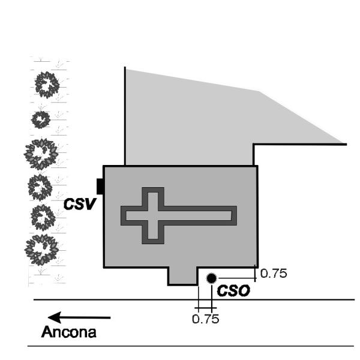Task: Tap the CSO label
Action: pyautogui.click(x=233, y=292)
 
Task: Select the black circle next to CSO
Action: pyautogui.click(x=211, y=278)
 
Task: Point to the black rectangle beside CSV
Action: pyautogui.click(x=100, y=187)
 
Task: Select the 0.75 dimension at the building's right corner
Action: pyautogui.click(x=274, y=274)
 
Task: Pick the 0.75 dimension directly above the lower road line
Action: pyautogui.click(x=205, y=319)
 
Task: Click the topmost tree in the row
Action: pyautogui.click(x=45, y=85)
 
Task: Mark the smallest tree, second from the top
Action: pyautogui.click(x=41, y=119)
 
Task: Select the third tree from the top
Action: pyautogui.click(x=41, y=153)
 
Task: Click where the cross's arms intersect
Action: pyautogui.click(x=152, y=215)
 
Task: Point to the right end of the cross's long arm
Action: pyautogui.click(x=234, y=215)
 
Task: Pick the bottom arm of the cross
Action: pyautogui.click(x=152, y=234)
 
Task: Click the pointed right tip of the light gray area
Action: pyautogui.click(x=344, y=143)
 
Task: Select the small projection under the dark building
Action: pyautogui.click(x=182, y=276)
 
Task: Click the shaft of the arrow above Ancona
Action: pyautogui.click(x=90, y=317)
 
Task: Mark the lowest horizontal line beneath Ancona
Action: pyautogui.click(x=191, y=346)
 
